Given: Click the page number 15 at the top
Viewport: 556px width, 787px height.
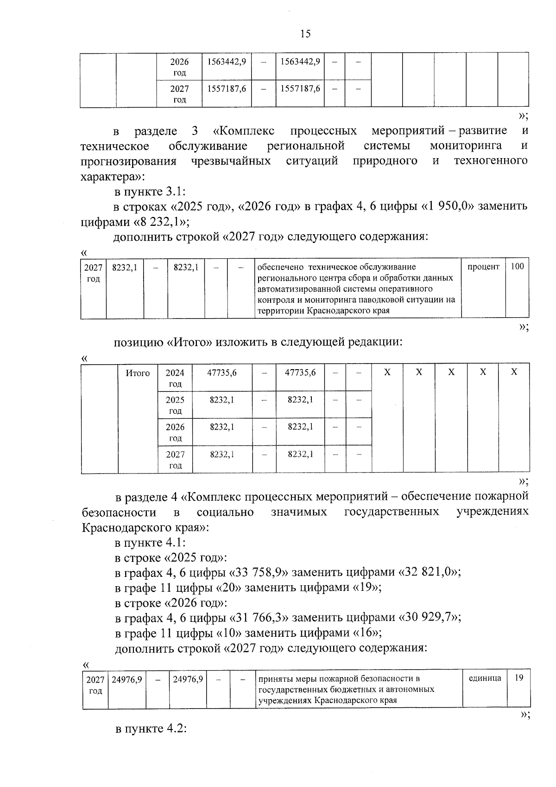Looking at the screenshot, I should click(305, 33).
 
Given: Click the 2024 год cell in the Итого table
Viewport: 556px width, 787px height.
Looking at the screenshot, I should click(175, 378).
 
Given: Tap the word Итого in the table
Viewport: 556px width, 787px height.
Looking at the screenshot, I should click(138, 373).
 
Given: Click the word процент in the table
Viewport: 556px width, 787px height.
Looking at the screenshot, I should click(483, 267).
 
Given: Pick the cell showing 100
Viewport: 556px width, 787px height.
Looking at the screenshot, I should click(517, 267).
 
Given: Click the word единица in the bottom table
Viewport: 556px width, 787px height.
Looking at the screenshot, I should click(485, 678).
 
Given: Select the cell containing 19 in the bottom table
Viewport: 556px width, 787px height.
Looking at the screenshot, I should click(519, 678).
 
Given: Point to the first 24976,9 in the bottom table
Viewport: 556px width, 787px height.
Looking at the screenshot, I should click(127, 679).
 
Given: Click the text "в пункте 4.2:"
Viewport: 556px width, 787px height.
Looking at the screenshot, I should click(151, 729).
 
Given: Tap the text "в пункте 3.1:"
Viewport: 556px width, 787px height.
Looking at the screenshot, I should click(151, 191).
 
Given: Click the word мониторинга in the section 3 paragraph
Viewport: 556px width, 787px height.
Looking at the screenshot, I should click(466, 146).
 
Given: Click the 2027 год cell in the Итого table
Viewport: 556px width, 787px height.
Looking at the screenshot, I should click(175, 460).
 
